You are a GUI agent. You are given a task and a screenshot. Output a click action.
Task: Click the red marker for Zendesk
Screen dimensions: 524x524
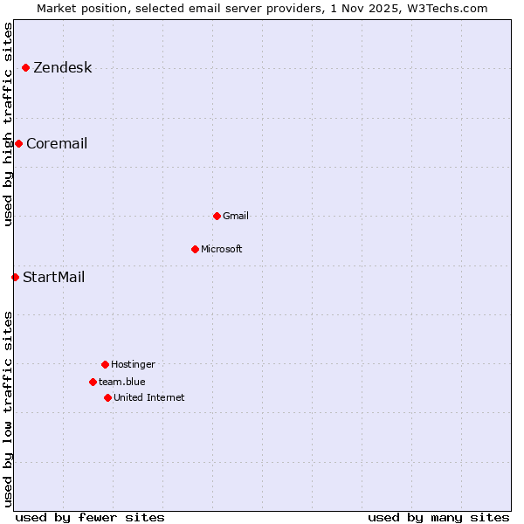25,67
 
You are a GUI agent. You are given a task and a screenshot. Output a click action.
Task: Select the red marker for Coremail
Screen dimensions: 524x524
18,143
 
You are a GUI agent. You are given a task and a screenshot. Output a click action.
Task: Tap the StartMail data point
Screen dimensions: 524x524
15,277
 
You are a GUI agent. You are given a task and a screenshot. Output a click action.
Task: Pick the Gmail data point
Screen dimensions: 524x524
217,216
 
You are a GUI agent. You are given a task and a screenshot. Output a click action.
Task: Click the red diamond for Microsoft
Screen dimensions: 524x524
195,249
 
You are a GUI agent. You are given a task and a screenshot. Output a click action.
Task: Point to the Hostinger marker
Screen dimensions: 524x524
105,364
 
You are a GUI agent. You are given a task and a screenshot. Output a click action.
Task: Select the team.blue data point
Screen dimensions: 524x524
93,382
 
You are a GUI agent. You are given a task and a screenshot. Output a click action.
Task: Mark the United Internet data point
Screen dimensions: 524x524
107,397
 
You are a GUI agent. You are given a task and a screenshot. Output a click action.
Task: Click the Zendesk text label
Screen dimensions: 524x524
62,68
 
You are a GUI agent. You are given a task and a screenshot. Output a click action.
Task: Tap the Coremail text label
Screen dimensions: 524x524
57,144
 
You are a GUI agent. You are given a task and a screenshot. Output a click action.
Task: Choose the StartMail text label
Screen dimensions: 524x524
53,278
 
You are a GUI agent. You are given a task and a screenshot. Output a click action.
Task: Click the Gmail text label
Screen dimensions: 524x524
236,217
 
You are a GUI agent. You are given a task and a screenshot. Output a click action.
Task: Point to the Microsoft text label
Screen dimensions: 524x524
222,250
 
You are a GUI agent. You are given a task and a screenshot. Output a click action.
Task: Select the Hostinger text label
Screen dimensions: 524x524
133,365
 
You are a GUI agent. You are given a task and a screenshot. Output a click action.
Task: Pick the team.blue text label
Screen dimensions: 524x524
122,383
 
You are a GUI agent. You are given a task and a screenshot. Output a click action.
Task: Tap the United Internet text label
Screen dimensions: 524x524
149,398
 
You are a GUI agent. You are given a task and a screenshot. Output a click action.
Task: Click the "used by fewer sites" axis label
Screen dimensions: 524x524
90,517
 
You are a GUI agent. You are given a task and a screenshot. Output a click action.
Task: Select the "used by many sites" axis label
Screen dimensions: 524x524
438,517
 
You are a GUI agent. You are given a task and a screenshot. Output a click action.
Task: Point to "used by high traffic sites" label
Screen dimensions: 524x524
9,124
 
